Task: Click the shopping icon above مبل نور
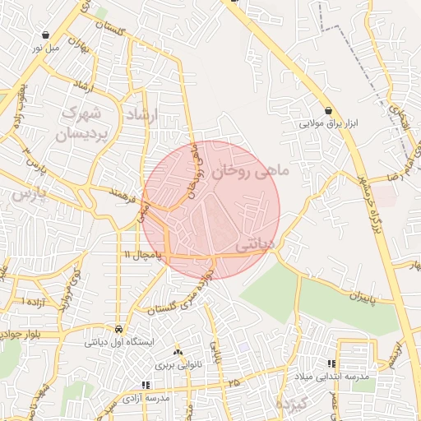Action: [46, 36]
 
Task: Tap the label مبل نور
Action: [47, 49]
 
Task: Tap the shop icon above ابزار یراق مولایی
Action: [329, 111]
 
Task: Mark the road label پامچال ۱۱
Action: [144, 257]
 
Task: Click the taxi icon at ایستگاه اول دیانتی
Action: [120, 328]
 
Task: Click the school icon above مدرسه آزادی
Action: [146, 384]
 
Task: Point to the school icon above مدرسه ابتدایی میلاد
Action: [331, 363]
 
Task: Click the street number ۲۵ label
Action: [235, 383]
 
